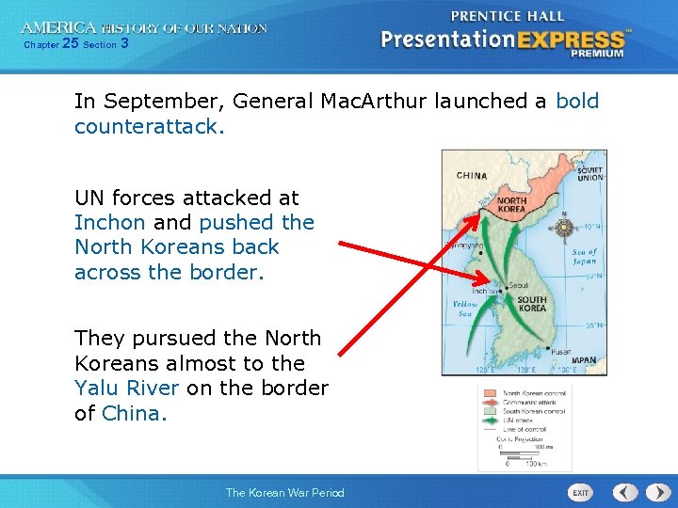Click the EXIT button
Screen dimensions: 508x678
[581, 493]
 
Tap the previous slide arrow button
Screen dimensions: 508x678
[625, 493]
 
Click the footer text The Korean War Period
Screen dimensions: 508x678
[284, 493]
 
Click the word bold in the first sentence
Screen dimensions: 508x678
[577, 101]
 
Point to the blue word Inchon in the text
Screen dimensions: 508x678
[110, 223]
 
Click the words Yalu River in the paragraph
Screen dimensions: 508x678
[127, 388]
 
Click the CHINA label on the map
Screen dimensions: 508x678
[471, 176]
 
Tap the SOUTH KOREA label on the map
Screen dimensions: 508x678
[531, 304]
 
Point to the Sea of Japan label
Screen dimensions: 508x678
[585, 257]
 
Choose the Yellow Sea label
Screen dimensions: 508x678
[465, 310]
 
